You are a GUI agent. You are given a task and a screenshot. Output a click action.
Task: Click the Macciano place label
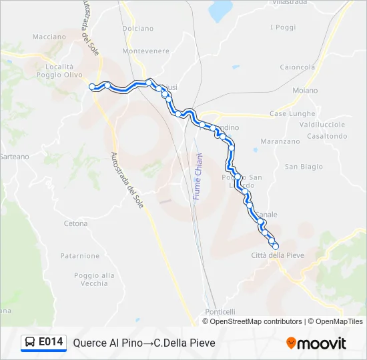pyautogui.click(x=49, y=37)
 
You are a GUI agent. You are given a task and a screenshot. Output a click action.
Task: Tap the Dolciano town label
pyautogui.click(x=138, y=29)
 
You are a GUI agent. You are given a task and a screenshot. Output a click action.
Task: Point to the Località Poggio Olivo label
pyautogui.click(x=64, y=71)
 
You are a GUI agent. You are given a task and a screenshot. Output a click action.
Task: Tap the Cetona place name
pyautogui.click(x=76, y=223)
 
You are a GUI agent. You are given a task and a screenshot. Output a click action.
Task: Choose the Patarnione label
pyautogui.click(x=79, y=255)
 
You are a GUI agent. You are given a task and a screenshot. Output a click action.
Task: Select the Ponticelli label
pyautogui.click(x=220, y=311)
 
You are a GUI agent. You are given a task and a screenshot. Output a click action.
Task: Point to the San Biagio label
pyautogui.click(x=304, y=167)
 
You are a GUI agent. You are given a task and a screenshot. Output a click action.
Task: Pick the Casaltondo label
pyautogui.click(x=327, y=136)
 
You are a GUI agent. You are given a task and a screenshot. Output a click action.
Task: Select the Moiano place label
pyautogui.click(x=305, y=90)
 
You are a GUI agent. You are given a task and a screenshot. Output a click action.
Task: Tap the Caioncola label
pyautogui.click(x=298, y=67)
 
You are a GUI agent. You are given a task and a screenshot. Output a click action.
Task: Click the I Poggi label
pyautogui.click(x=282, y=27)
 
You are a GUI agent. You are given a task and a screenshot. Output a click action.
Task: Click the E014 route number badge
pyautogui.click(x=44, y=342)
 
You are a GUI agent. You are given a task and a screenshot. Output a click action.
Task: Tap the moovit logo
pyautogui.click(x=316, y=343)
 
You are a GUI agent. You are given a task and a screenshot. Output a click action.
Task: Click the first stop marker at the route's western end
pyautogui.click(x=92, y=86)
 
